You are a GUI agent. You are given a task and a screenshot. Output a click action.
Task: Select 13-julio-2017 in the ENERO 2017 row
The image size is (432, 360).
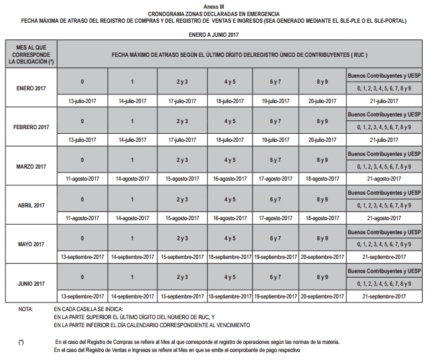click(x=82, y=101)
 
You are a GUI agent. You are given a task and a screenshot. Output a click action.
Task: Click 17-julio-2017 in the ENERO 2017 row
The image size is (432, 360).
click(x=182, y=101)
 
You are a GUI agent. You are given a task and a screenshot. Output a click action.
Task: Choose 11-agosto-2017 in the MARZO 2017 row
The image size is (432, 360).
click(x=82, y=179)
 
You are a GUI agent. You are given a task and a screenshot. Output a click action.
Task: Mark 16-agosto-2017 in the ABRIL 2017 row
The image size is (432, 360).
click(x=230, y=217)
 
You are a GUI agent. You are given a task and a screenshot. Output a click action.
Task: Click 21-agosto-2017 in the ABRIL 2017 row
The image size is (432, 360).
click(x=384, y=217)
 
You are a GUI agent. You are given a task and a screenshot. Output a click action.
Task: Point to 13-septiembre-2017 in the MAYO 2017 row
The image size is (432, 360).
click(x=82, y=257)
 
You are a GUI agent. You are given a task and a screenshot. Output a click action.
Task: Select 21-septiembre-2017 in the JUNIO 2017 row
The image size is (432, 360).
click(x=384, y=296)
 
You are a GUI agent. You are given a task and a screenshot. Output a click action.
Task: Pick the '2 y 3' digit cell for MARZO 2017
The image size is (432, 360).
click(x=182, y=160)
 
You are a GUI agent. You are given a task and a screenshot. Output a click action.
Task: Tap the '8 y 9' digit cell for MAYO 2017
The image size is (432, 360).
click(x=322, y=238)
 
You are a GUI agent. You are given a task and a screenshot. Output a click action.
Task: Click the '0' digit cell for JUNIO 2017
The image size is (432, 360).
click(x=82, y=277)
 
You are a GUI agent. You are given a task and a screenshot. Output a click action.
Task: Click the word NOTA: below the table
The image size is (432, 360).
click(x=26, y=309)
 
